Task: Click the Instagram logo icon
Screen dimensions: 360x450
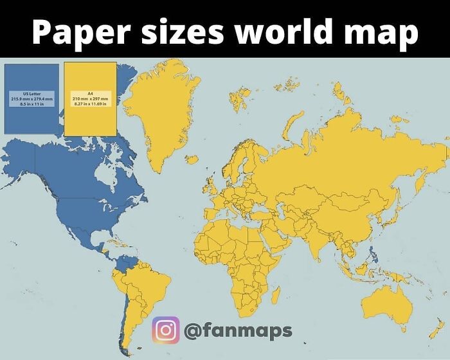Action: (x=165, y=330)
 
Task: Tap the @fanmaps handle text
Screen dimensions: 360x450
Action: (x=238, y=331)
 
